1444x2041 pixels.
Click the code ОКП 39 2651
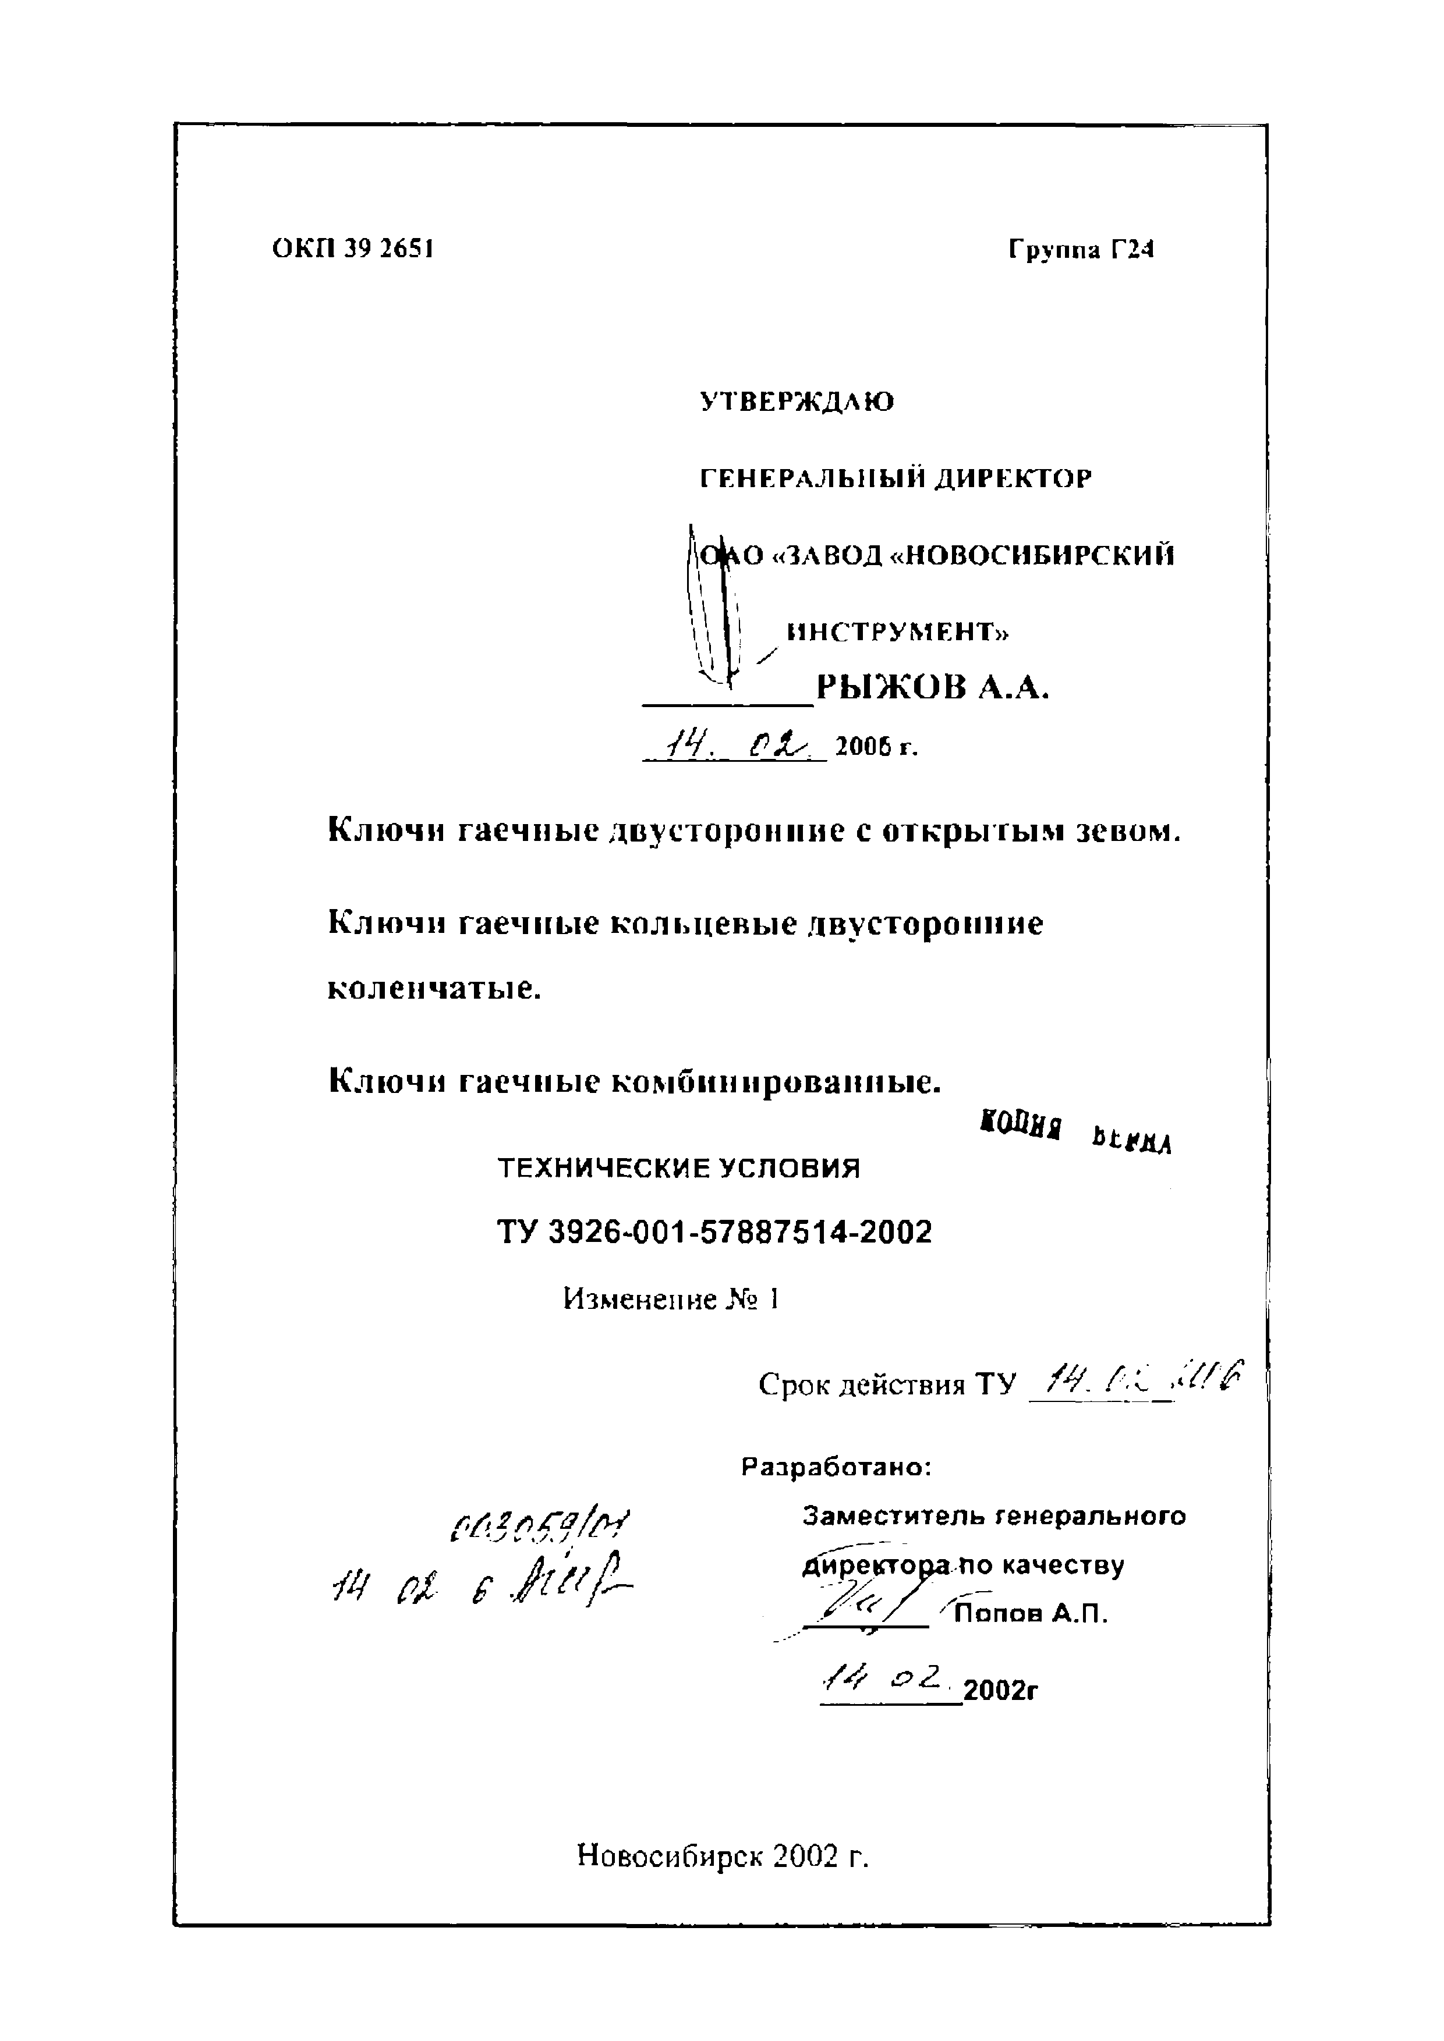pos(353,249)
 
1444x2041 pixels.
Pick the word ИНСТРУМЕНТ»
pos(899,632)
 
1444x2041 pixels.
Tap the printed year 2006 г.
pos(876,748)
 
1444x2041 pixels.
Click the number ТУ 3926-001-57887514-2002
pos(714,1232)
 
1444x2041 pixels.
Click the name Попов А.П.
pos(1031,1613)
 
